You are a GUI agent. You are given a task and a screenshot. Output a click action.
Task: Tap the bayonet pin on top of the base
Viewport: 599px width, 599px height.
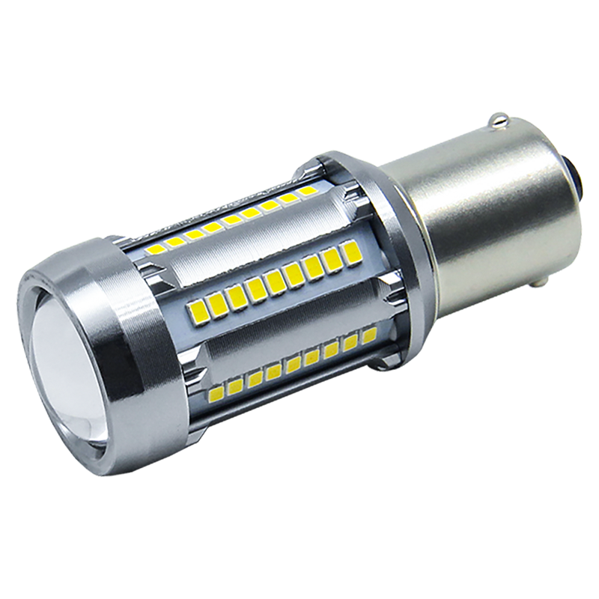tap(498, 120)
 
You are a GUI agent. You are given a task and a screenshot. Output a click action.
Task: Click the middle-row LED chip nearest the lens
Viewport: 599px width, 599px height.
tap(200, 308)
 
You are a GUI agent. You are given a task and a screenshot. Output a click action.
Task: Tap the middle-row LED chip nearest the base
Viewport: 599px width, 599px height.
tap(351, 252)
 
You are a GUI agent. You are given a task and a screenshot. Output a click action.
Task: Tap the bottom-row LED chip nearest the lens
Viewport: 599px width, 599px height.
tap(218, 391)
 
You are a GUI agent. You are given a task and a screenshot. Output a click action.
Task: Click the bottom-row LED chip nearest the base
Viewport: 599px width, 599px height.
tap(368, 335)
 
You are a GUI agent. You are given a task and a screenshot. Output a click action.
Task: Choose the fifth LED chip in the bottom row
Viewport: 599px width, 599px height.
tap(293, 364)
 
